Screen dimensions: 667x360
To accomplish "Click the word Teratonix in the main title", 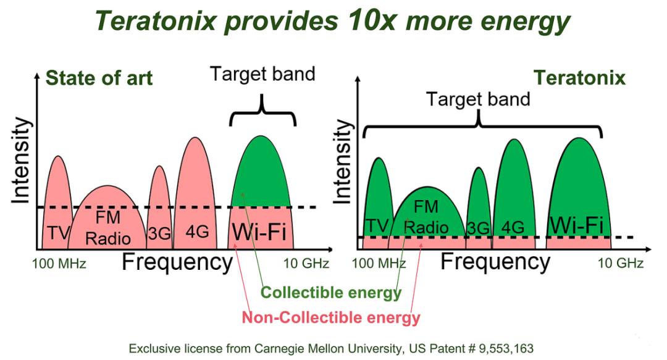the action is (x=156, y=20).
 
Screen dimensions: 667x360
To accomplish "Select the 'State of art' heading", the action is (x=99, y=78).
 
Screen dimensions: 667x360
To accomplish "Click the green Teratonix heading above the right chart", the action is (x=579, y=78).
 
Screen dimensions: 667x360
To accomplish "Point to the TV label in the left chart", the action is (x=58, y=233).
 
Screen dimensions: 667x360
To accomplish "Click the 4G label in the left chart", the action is (x=198, y=232).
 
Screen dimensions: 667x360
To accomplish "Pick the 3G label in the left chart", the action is (x=159, y=233).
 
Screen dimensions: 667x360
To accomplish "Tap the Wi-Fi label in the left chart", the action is (x=259, y=232).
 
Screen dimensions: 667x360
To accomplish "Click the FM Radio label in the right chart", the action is (x=426, y=217).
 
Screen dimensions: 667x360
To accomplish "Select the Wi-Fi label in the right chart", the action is (x=576, y=225).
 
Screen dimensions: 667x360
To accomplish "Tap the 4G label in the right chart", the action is (x=513, y=227).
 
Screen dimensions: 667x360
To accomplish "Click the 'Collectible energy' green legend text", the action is (x=331, y=293).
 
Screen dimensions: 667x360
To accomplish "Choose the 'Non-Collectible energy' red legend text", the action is (x=331, y=317).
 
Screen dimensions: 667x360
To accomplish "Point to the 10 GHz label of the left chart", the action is (x=306, y=264).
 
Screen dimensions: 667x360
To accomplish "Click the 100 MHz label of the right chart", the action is (x=379, y=264).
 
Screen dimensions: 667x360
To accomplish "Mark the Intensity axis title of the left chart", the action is (x=21, y=161).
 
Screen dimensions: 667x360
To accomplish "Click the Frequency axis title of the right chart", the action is (x=495, y=261).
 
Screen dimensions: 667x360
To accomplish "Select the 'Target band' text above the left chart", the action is (x=262, y=74).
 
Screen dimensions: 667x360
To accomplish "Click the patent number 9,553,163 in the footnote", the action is (x=506, y=349).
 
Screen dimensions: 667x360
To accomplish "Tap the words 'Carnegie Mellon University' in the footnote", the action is (x=327, y=349).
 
